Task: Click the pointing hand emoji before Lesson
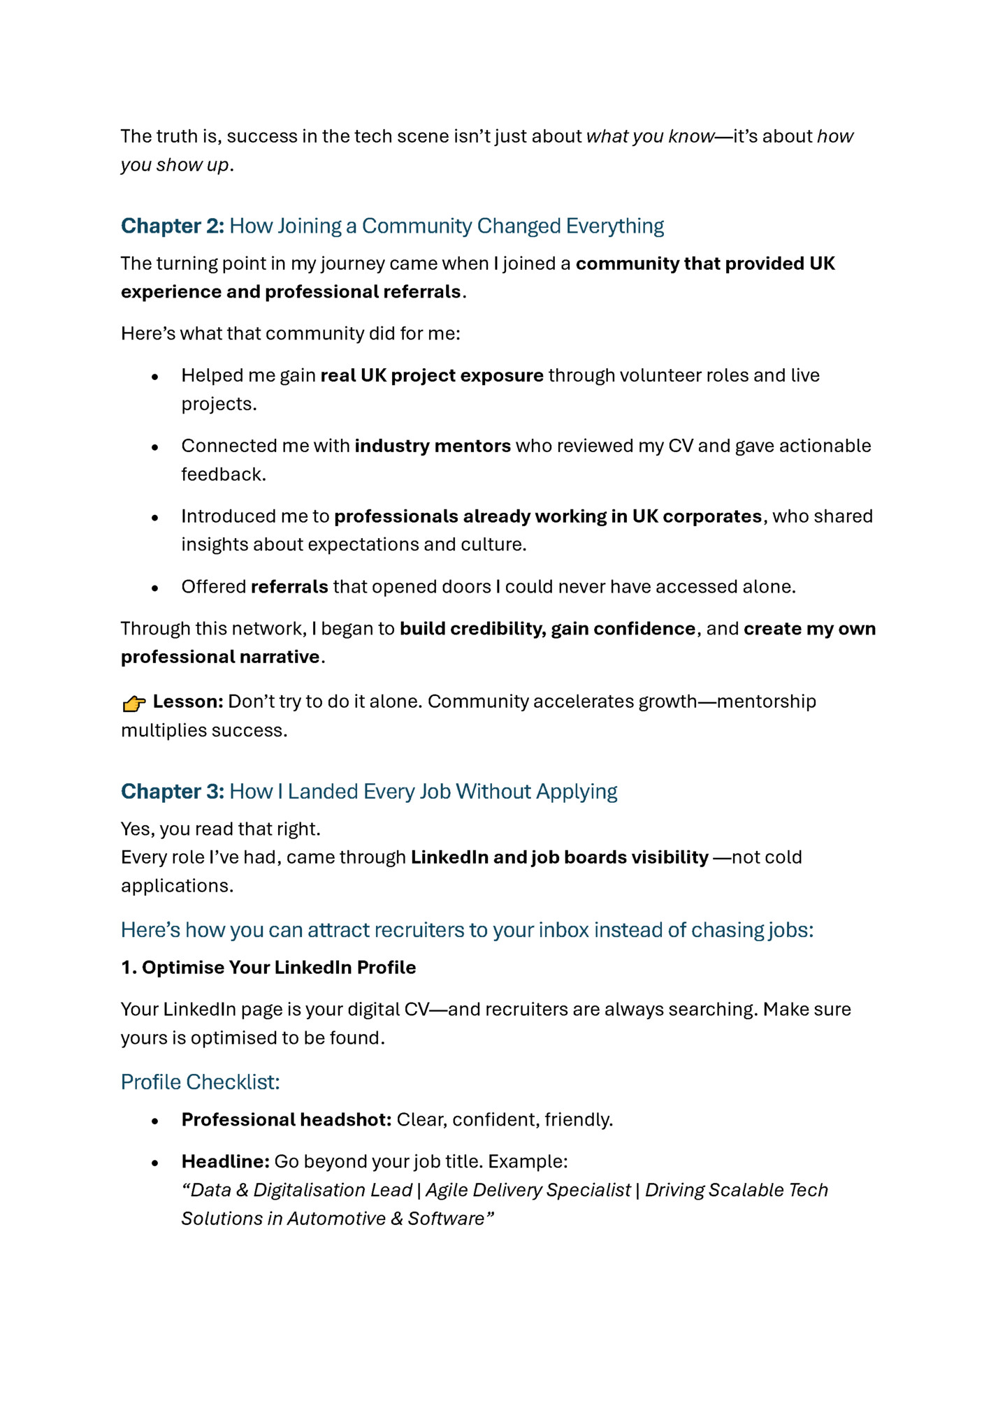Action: click(133, 703)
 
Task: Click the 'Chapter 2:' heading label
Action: click(172, 226)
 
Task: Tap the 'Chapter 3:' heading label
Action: click(172, 791)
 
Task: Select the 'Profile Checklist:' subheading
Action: click(200, 1082)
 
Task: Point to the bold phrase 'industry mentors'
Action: click(433, 446)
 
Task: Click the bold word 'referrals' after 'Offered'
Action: click(289, 586)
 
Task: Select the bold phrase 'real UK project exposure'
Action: click(432, 375)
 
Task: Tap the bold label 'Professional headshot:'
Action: click(286, 1119)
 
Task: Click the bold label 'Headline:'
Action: click(225, 1161)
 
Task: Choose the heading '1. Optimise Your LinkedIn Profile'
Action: click(268, 967)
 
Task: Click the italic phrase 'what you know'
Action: click(650, 136)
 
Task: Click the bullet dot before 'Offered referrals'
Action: click(155, 588)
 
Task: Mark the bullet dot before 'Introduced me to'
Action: click(155, 517)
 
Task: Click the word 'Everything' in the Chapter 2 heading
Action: click(615, 226)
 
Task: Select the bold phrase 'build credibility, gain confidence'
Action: click(547, 629)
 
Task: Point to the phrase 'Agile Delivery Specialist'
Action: click(528, 1190)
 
